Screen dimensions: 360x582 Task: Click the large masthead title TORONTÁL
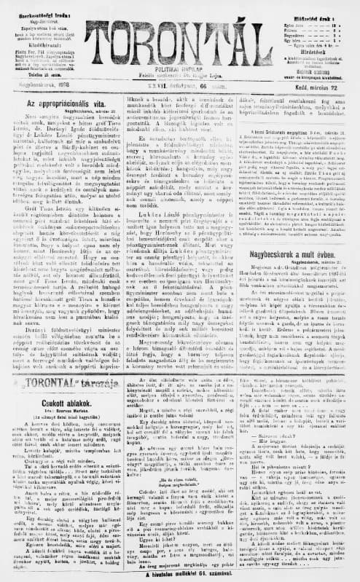(x=179, y=36)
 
